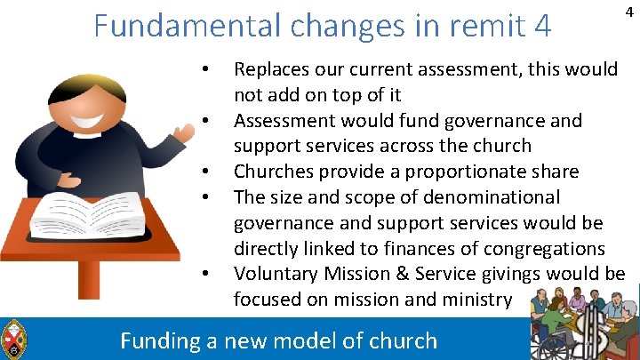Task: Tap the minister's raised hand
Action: click(x=184, y=134)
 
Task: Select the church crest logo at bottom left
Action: click(x=13, y=339)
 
